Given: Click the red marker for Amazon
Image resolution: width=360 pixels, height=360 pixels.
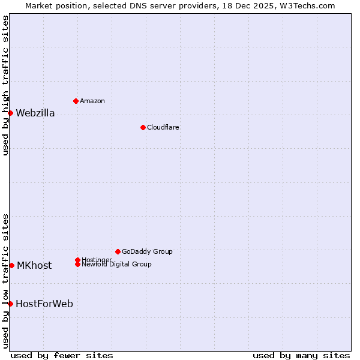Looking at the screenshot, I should [76, 101].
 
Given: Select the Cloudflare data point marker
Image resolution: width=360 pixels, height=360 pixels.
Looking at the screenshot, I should [143, 127].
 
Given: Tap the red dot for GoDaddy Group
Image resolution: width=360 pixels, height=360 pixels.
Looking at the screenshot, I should [118, 251].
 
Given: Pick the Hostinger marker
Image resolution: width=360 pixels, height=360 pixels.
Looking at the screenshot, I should [77, 260].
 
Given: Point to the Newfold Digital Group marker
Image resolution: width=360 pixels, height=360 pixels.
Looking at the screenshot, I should [77, 264].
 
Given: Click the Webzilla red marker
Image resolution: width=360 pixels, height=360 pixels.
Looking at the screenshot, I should [10, 113].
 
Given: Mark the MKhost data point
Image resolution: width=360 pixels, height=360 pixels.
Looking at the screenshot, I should [11, 265].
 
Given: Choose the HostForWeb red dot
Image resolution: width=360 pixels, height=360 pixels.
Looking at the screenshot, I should [10, 304].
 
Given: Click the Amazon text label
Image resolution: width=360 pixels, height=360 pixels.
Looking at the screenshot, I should [92, 101].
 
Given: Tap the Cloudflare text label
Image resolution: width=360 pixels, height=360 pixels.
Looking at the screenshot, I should [163, 127].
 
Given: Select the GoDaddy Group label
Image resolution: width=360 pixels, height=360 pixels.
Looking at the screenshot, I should [147, 251].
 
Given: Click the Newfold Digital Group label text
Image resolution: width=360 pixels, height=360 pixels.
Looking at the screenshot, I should [116, 265].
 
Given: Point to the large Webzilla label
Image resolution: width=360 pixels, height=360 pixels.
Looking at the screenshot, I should [35, 113].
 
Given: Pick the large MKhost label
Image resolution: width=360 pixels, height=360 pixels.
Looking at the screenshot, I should [34, 265].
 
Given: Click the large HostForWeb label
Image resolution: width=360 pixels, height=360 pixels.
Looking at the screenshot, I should [44, 304].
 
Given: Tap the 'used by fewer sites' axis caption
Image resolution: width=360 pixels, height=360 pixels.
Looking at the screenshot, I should [62, 355].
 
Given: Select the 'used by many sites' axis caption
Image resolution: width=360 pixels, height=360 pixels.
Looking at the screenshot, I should [301, 355].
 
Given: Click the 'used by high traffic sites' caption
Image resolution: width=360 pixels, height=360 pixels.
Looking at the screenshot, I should [5, 85].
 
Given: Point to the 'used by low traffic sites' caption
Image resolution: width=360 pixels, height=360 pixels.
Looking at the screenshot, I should [5, 280].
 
